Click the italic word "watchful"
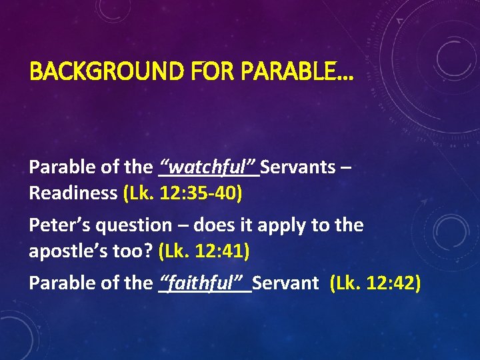pyautogui.click(x=209, y=167)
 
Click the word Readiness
pyautogui.click(x=73, y=193)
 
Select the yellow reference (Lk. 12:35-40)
pyautogui.click(x=183, y=193)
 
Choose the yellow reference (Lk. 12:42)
pyautogui.click(x=375, y=283)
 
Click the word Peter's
pyautogui.click(x=59, y=225)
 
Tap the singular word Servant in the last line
pyautogui.click(x=285, y=283)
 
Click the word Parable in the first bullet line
pyautogui.click(x=59, y=167)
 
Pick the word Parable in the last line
pyautogui.click(x=59, y=283)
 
